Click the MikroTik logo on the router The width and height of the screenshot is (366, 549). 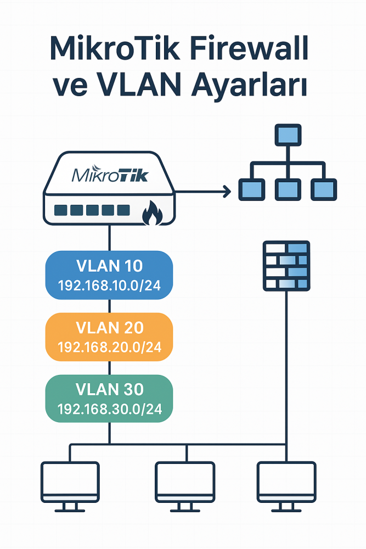pos(109,176)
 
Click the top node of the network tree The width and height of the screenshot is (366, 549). pos(287,135)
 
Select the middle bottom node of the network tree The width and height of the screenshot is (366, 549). pos(287,189)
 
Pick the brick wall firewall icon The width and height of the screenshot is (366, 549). pos(286,265)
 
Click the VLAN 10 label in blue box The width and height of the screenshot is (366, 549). pos(109,266)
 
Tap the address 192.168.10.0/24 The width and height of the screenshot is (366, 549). pos(109,285)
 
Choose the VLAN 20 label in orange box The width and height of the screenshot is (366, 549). pos(109,328)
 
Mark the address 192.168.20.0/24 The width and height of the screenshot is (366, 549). pos(109,348)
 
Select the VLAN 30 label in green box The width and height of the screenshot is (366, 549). pos(109,390)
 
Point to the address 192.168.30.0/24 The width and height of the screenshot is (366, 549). pos(109,410)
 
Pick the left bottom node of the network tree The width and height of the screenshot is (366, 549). pos(251,189)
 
